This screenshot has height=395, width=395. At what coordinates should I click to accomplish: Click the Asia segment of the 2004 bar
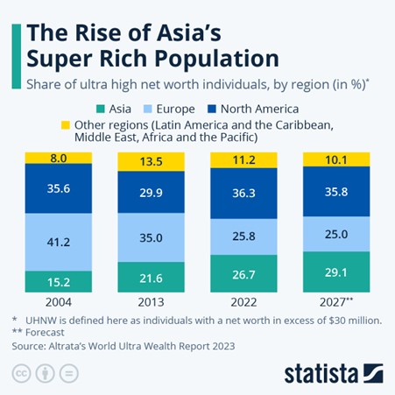(x=59, y=280)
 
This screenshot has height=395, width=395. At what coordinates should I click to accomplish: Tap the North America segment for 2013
(x=151, y=194)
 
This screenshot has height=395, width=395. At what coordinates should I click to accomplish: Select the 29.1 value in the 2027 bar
(x=335, y=273)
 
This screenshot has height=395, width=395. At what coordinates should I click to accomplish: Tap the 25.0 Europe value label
(x=335, y=234)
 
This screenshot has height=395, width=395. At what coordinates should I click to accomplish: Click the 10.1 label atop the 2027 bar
(x=335, y=159)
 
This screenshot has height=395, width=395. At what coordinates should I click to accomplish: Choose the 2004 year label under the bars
(x=59, y=303)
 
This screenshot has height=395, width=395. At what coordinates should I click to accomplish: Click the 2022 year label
(x=243, y=303)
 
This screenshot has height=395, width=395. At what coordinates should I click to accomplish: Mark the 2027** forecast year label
(x=336, y=303)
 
